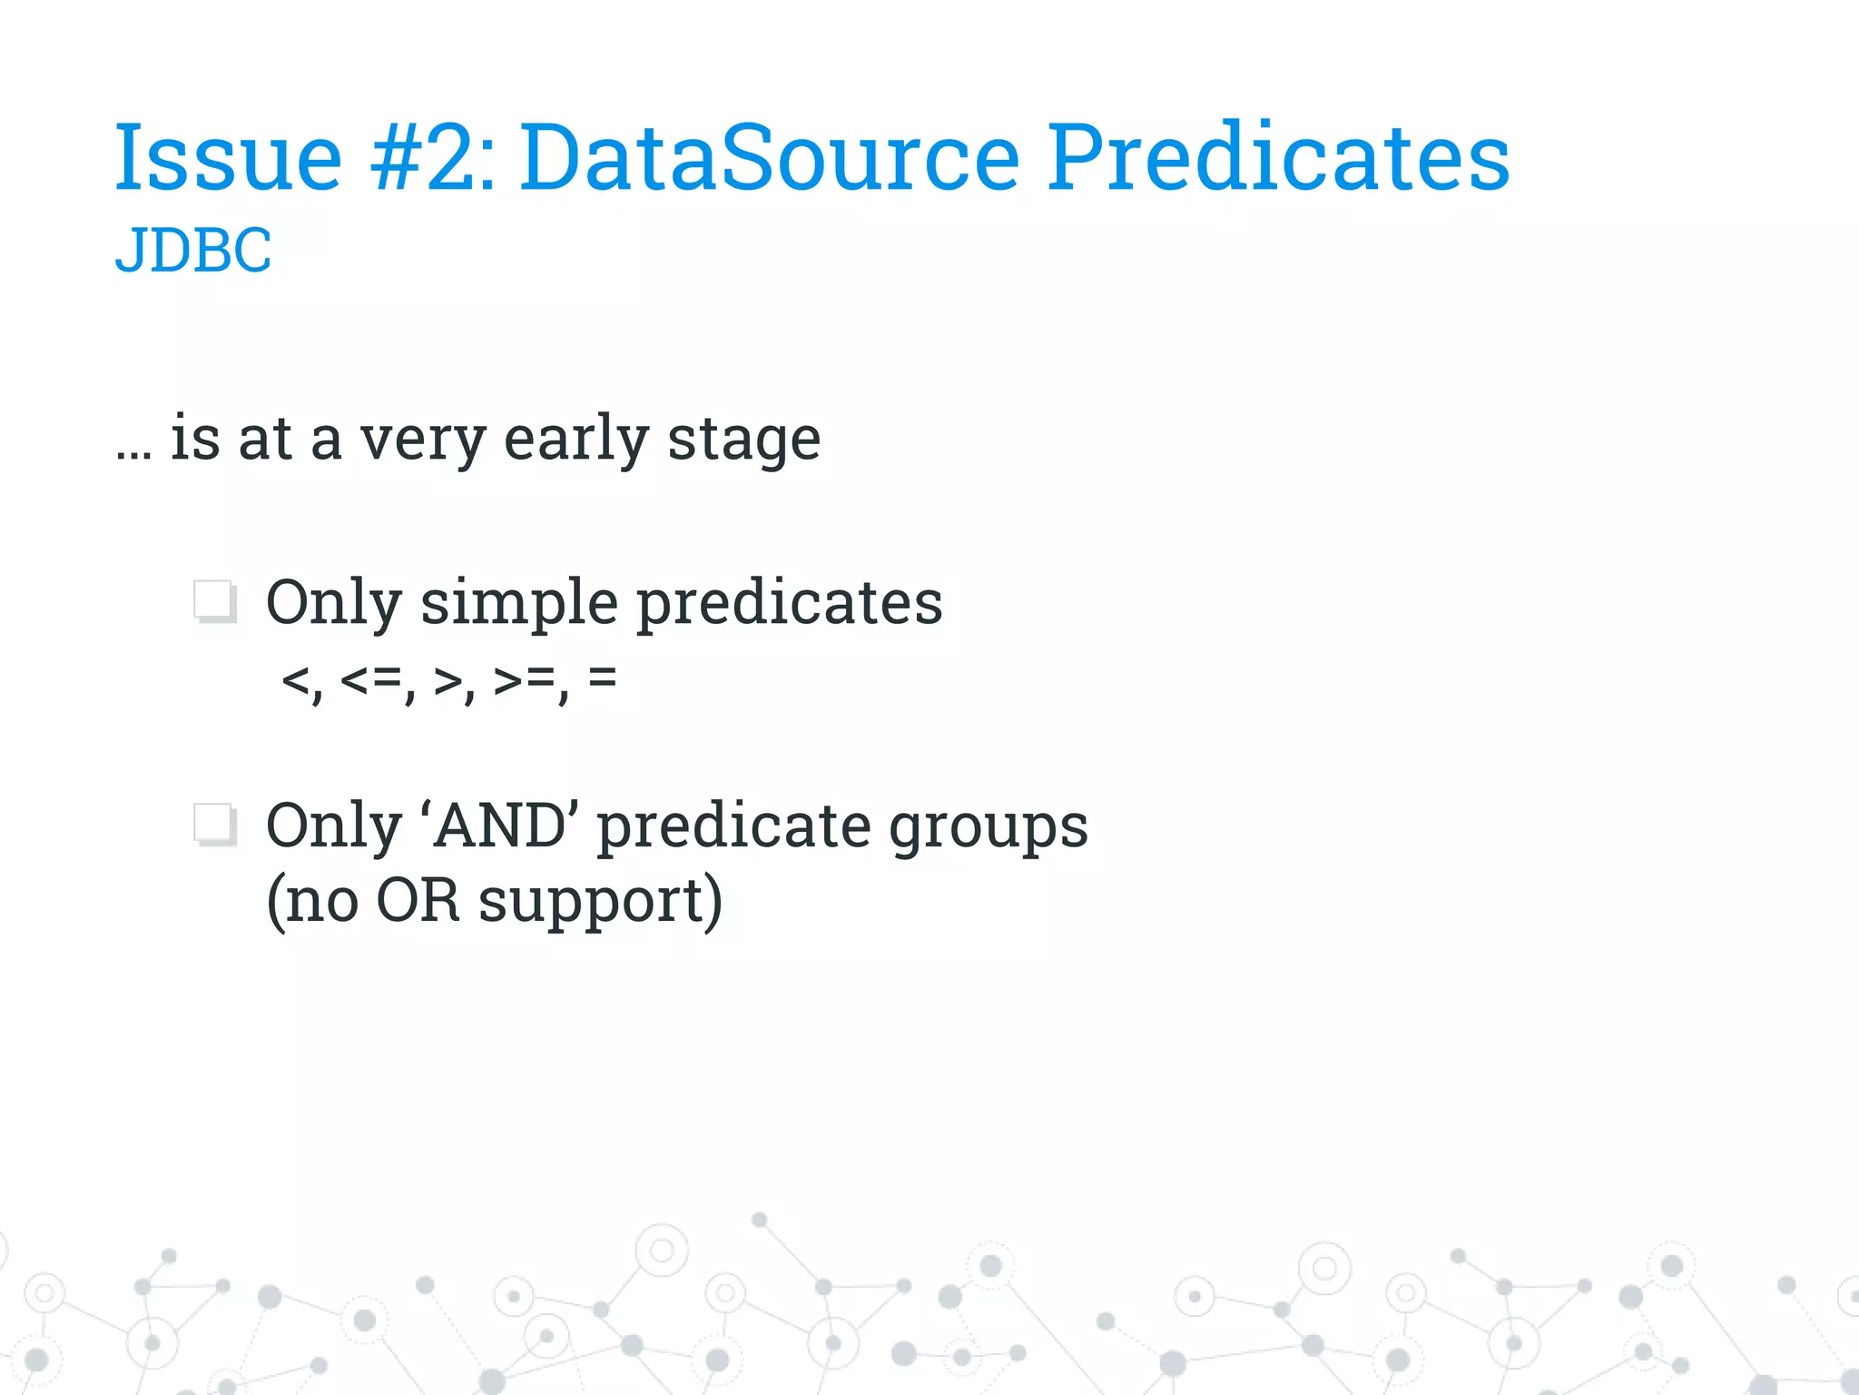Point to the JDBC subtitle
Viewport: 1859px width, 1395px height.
point(193,250)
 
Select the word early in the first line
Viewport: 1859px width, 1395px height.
point(575,439)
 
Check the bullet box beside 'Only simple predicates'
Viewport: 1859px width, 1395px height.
point(215,602)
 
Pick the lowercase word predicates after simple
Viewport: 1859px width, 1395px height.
point(789,604)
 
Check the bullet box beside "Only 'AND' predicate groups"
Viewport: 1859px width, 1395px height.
point(215,826)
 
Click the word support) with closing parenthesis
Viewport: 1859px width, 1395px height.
point(600,902)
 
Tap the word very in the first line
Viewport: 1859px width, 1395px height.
point(422,440)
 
